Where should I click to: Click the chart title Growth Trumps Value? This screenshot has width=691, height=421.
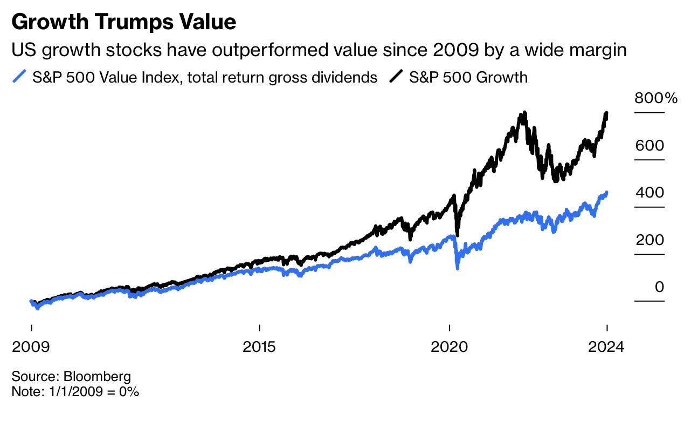(124, 23)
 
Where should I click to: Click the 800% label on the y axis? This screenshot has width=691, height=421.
(655, 98)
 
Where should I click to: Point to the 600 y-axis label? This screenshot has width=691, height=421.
(649, 146)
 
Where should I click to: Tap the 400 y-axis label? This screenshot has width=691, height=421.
(649, 193)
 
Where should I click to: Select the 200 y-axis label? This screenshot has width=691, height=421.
(649, 240)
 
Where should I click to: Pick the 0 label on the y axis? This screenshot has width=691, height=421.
(659, 287)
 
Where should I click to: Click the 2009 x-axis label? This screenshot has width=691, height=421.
(31, 347)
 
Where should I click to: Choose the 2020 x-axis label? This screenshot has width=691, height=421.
(449, 347)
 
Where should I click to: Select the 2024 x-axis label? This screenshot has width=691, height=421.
(606, 347)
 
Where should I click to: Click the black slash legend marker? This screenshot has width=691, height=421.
(395, 77)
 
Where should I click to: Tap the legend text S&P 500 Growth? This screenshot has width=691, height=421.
(468, 77)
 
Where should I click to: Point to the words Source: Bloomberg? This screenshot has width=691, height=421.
(71, 376)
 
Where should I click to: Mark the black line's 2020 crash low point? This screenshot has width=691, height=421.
(458, 235)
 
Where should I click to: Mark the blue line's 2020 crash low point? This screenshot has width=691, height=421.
(458, 268)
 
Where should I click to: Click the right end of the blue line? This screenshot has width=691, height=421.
(607, 193)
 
